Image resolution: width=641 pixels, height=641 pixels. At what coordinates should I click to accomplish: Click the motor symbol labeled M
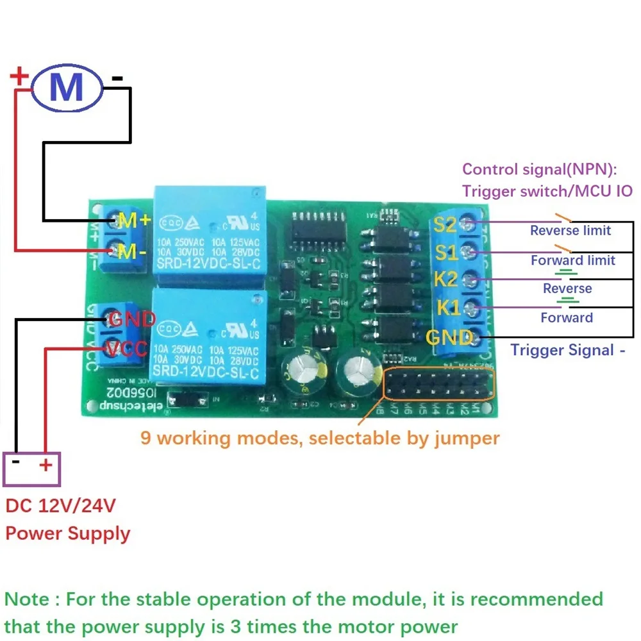67,87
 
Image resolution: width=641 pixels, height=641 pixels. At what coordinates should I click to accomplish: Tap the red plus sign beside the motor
20,78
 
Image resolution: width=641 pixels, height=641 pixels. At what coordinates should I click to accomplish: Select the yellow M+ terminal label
134,221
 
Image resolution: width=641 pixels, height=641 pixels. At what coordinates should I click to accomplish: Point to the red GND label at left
131,319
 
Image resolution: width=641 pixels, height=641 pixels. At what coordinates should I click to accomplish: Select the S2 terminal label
445,225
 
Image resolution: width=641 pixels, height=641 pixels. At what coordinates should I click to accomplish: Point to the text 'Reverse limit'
570,231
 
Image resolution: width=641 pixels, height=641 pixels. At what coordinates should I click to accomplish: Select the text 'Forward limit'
573,260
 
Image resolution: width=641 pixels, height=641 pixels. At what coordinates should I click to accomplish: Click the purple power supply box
32,469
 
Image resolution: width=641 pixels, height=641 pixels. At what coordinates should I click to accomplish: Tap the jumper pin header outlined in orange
439,385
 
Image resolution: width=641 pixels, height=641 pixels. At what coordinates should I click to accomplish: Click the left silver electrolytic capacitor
299,372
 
